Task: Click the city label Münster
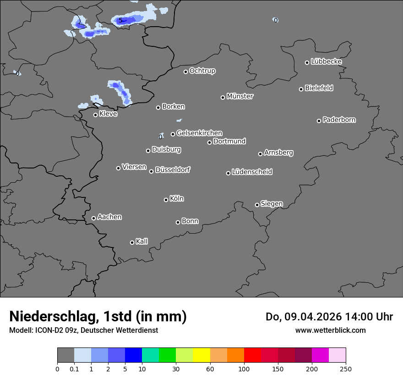click(240, 96)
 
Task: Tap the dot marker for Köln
click(166, 200)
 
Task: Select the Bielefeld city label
click(319, 88)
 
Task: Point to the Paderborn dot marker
click(319, 121)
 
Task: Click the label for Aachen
click(109, 217)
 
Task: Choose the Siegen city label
click(272, 204)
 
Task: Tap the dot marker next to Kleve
click(95, 115)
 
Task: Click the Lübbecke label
click(327, 62)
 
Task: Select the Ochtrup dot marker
click(185, 72)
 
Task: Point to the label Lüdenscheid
click(252, 172)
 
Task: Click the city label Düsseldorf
click(173, 170)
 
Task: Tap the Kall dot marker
click(132, 242)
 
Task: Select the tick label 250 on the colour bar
click(346, 369)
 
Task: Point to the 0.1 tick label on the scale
click(74, 369)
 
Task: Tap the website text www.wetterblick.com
click(331, 330)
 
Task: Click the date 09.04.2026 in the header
click(307, 317)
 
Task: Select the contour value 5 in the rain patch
click(120, 21)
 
